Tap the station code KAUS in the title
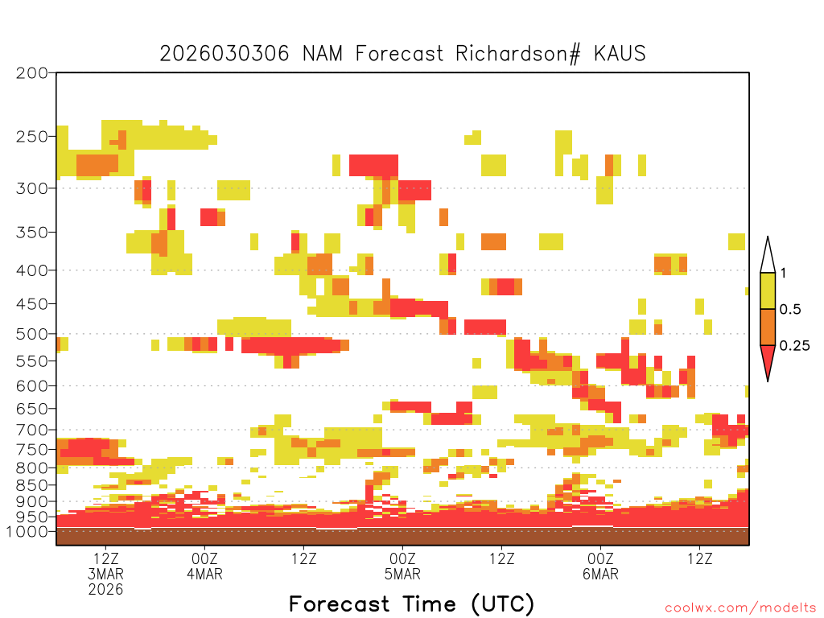point(620,54)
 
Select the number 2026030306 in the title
point(225,54)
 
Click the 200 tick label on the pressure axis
point(32,73)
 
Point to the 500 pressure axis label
point(32,334)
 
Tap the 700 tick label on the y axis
point(32,430)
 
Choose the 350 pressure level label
point(32,233)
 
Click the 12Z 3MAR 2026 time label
point(105,574)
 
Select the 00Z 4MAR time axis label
point(204,566)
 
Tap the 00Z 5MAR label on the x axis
point(402,566)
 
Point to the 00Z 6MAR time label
point(600,566)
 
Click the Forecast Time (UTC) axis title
point(411,604)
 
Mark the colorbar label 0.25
point(794,346)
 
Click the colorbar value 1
point(783,273)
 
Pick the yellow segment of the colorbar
point(768,290)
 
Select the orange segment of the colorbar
point(768,327)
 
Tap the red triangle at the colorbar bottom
point(768,359)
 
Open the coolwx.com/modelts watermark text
point(740,608)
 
